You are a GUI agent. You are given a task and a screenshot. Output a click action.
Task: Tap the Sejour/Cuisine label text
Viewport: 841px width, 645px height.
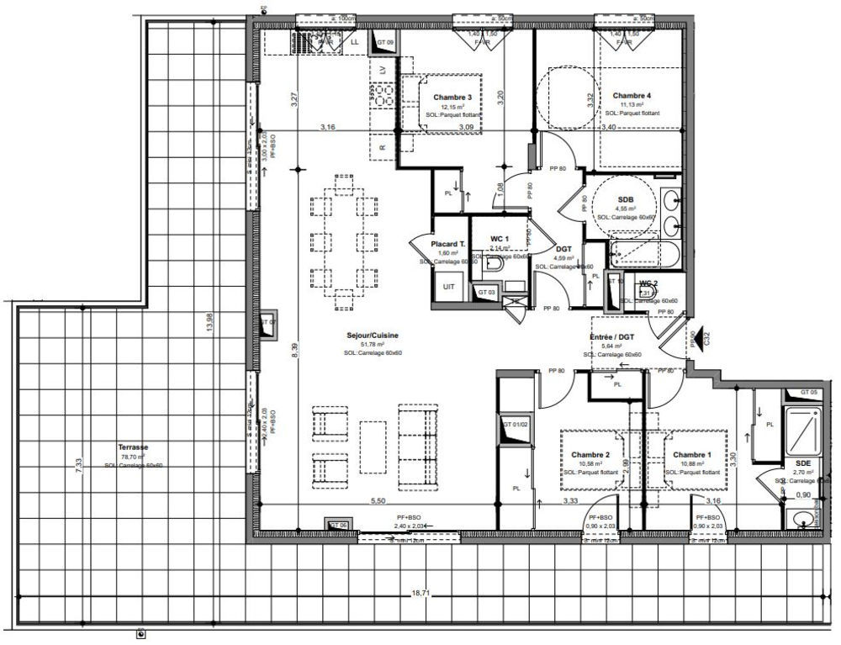(371, 335)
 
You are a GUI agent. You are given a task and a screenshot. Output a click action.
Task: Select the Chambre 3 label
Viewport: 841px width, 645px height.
(452, 98)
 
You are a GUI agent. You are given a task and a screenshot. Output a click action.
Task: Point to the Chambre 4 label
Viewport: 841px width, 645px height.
(632, 95)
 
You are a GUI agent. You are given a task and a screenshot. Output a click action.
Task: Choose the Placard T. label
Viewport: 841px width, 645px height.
(447, 244)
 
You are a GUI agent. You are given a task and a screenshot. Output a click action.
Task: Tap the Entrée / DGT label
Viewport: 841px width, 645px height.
(611, 336)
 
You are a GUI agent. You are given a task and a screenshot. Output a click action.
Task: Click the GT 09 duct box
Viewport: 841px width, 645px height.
(385, 42)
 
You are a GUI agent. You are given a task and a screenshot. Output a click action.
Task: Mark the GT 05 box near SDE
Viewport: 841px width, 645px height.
(808, 393)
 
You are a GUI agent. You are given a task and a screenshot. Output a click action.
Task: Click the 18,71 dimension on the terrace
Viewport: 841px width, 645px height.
(420, 594)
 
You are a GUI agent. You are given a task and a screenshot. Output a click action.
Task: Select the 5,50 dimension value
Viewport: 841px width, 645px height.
(379, 501)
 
